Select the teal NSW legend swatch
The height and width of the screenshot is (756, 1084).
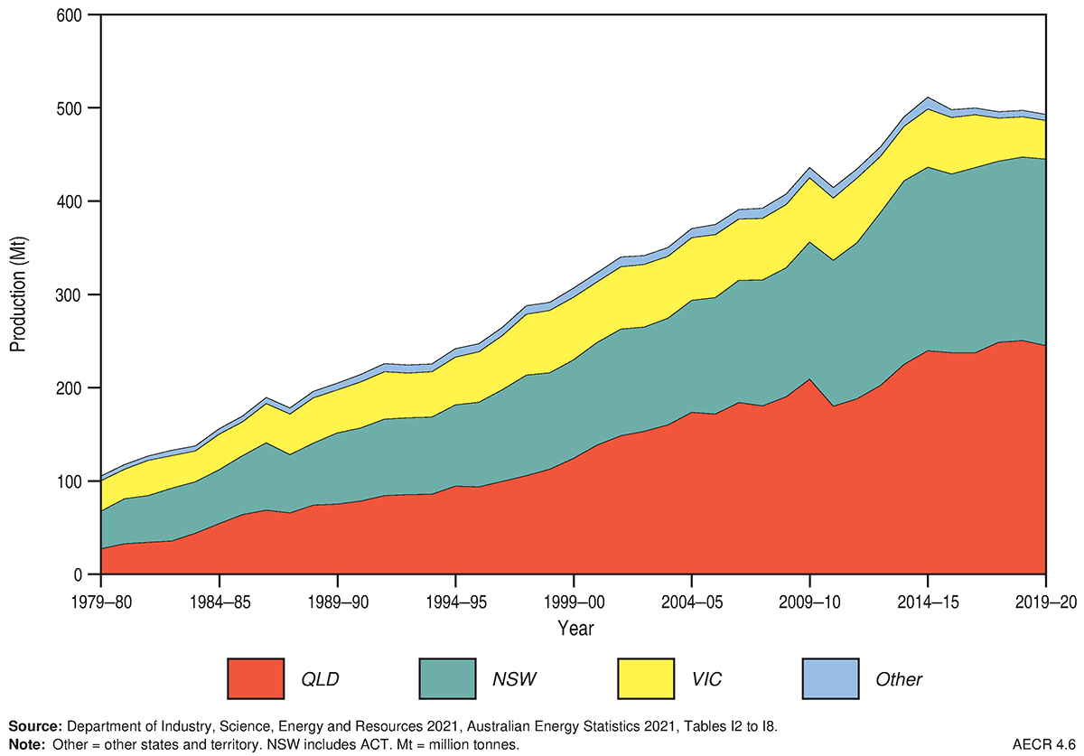[x=453, y=678]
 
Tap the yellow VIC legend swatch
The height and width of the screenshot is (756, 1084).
[x=645, y=678]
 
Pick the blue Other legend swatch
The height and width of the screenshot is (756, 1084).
[x=830, y=678]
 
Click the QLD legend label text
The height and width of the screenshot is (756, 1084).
[x=320, y=679]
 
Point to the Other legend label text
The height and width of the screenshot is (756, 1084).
[x=899, y=679]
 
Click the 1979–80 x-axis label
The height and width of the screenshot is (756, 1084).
[x=101, y=601]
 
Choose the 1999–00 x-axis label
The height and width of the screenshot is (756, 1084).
[x=574, y=601]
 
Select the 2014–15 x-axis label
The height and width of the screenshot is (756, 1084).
[x=928, y=601]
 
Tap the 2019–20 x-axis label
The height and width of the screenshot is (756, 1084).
[x=1045, y=601]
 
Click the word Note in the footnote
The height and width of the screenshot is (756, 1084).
[x=26, y=743]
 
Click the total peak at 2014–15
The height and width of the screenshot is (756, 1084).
[x=926, y=98]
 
